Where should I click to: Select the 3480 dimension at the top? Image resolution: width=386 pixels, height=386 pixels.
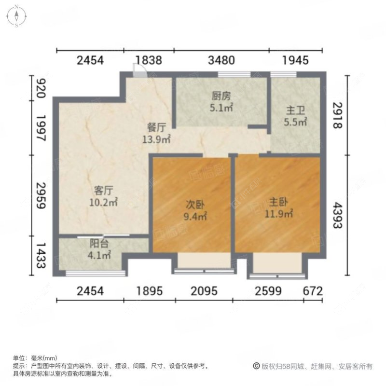tap(221, 60)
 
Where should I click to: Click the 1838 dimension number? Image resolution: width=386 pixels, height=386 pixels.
tap(149, 60)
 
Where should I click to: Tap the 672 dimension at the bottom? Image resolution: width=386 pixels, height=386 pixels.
tap(313, 291)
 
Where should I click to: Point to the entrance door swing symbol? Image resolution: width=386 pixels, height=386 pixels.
tap(138, 70)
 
